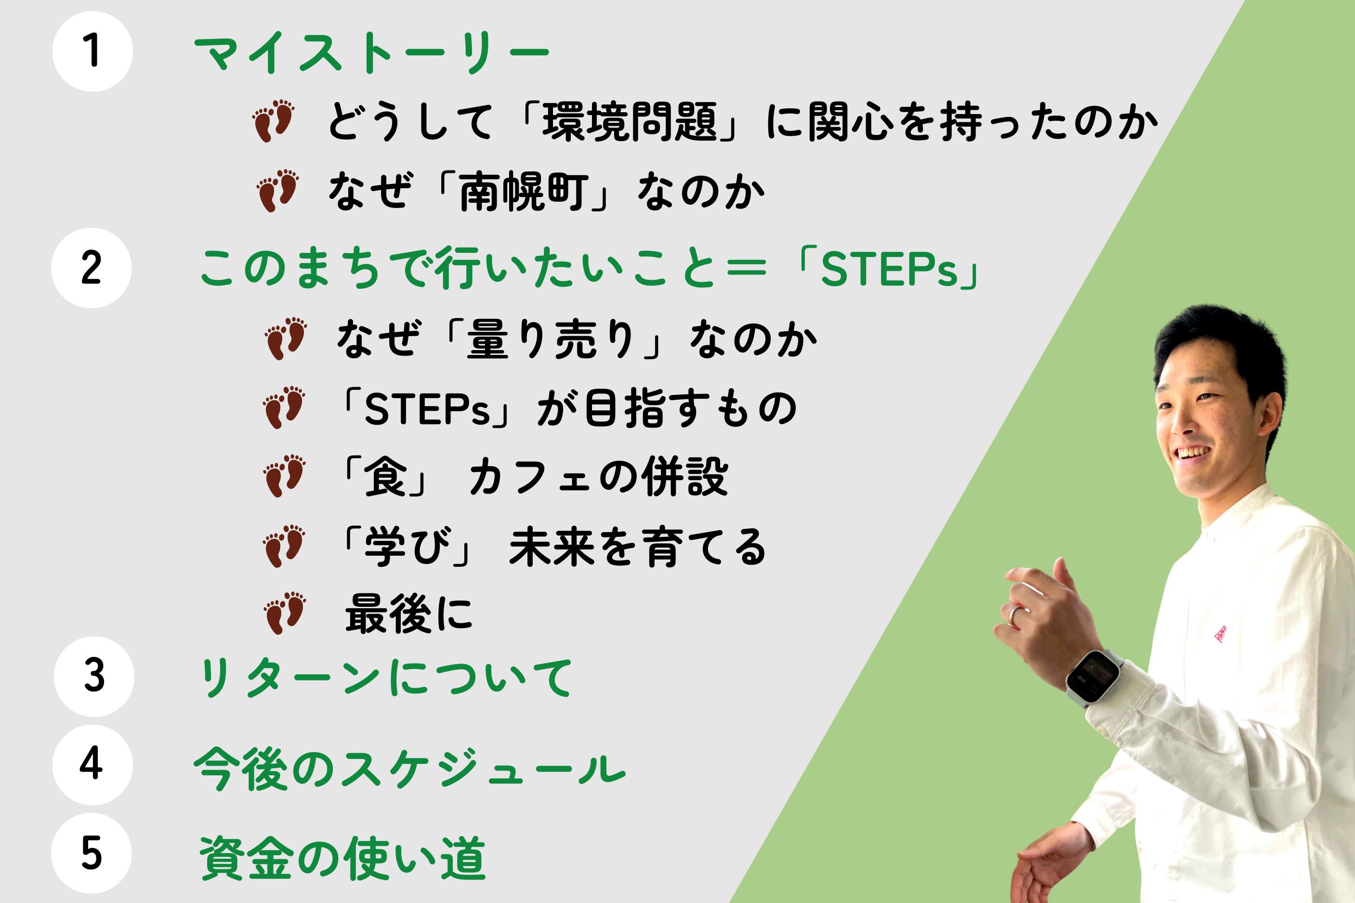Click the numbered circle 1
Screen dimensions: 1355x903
pyautogui.click(x=92, y=51)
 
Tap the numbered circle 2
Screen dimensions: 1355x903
pyautogui.click(x=91, y=268)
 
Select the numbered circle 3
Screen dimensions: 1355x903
pyautogui.click(x=94, y=676)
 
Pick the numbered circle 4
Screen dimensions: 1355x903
pyautogui.click(x=92, y=764)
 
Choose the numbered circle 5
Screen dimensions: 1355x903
pyautogui.click(x=91, y=853)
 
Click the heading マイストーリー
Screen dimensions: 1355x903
pyautogui.click(x=372, y=54)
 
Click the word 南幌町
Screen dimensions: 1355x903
pyautogui.click(x=524, y=192)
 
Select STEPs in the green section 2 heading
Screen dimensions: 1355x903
pyautogui.click(x=889, y=271)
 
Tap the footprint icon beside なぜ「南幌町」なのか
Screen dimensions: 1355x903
pyautogui.click(x=277, y=190)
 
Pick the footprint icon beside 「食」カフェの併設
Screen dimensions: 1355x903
pyautogui.click(x=284, y=476)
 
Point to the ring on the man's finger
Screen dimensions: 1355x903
pyautogui.click(x=1014, y=613)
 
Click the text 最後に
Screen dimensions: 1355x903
pyautogui.click(x=408, y=614)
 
